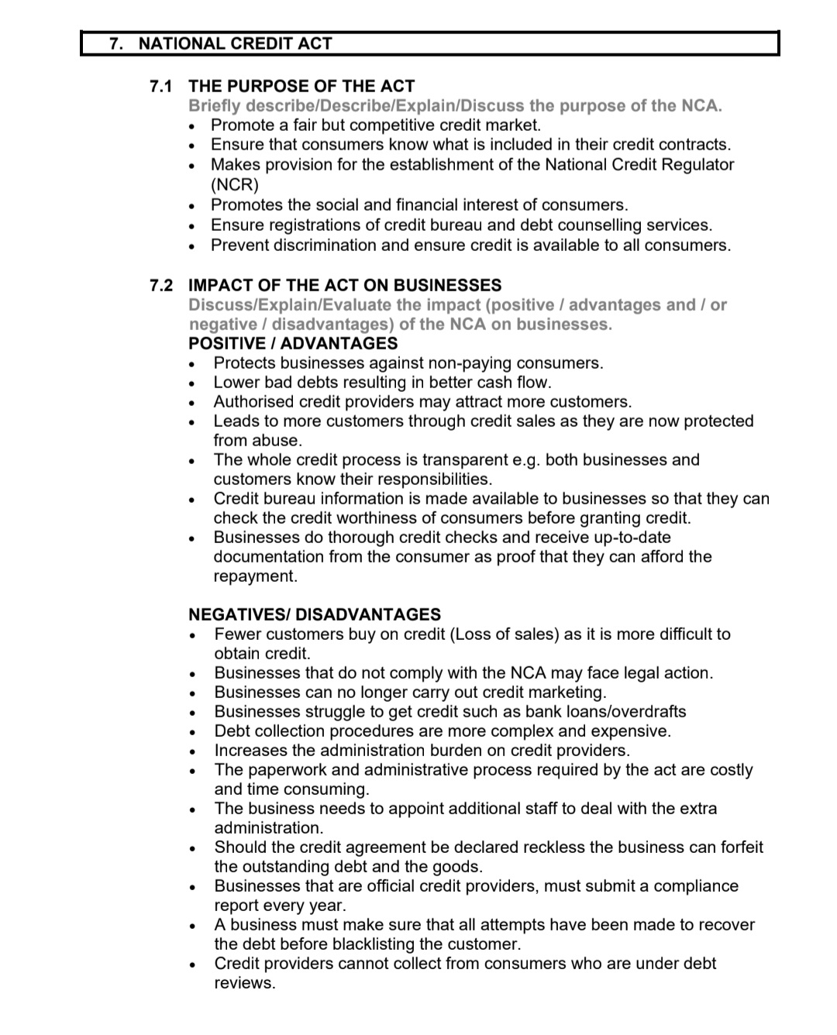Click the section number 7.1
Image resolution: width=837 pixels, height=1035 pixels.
[x=161, y=86]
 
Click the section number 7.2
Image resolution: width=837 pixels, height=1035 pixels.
[x=161, y=285]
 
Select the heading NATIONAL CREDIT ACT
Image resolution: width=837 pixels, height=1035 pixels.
[x=235, y=43]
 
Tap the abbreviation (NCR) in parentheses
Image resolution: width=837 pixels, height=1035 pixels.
[x=235, y=184]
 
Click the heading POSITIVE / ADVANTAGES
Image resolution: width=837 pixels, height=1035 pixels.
[x=293, y=343]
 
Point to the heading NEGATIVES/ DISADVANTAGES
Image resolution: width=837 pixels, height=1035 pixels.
[x=315, y=614]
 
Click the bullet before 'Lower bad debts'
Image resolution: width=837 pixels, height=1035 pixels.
[x=191, y=383]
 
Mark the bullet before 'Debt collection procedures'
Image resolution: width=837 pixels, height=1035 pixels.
[x=191, y=731]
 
